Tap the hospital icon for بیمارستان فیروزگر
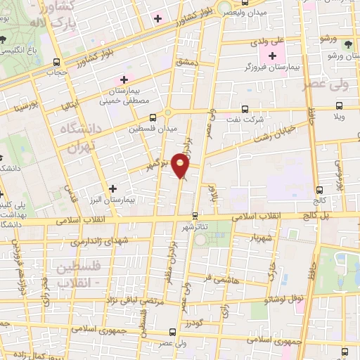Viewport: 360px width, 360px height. (x=272, y=56)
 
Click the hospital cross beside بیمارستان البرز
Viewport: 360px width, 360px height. (x=112, y=188)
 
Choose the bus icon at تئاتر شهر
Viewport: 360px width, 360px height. (x=195, y=216)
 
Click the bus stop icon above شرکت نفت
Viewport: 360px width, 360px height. (x=244, y=109)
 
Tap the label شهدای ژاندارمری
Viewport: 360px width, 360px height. (x=98, y=241)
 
